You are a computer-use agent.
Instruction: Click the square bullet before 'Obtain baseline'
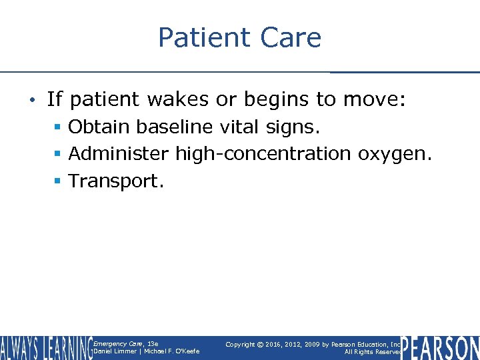point(59,127)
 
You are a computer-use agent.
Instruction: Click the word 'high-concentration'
point(263,154)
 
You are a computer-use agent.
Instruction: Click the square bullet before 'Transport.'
point(59,181)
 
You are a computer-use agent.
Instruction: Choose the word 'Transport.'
point(116,181)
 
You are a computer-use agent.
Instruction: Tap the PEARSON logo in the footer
point(440,348)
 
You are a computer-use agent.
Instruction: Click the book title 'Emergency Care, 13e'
point(126,344)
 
